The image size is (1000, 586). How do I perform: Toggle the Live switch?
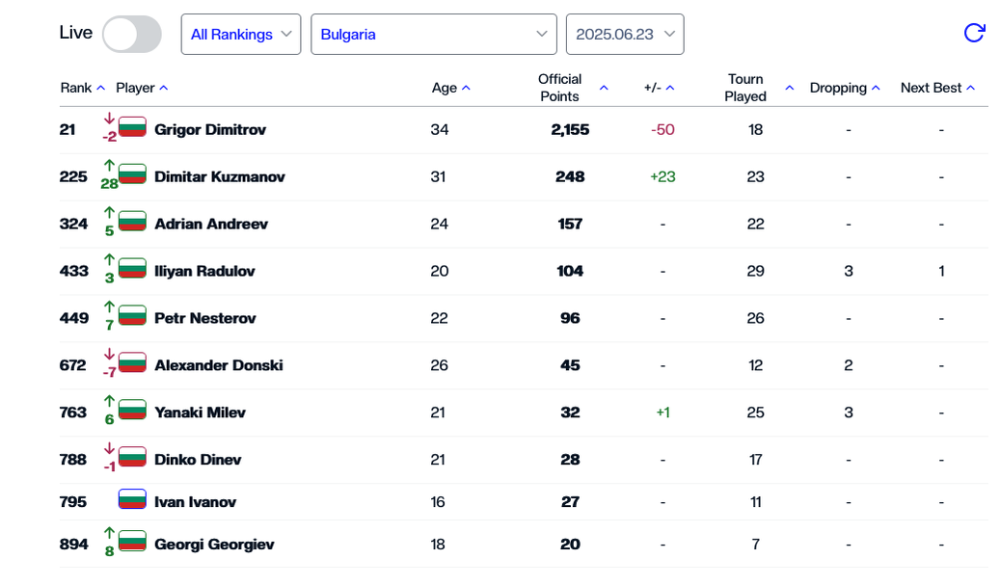pos(132,35)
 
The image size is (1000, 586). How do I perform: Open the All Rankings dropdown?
pos(240,35)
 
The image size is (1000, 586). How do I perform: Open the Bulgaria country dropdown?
pos(433,35)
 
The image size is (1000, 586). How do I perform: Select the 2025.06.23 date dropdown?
pos(625,35)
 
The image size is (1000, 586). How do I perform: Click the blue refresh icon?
pos(974,34)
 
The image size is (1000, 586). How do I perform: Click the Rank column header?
pos(76,88)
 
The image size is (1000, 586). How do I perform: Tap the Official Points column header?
pos(560,88)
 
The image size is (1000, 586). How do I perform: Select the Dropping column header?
pos(838,88)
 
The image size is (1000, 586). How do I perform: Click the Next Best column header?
pos(931,88)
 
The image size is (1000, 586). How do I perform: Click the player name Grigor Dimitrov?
pos(210,130)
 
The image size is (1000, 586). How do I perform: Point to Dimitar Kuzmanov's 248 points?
pos(570,177)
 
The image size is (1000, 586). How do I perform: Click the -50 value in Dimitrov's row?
pos(662,130)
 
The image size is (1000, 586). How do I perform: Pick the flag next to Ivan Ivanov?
pos(132,501)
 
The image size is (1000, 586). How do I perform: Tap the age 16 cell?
pos(438,502)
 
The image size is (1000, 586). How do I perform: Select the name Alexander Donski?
pos(218,365)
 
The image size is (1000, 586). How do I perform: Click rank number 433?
pos(74,272)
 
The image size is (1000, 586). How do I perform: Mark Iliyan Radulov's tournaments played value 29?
pos(755,272)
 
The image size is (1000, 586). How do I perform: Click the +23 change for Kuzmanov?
pos(662,177)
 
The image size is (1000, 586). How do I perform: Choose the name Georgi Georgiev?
pos(214,545)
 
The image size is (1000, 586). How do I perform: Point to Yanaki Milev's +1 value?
pos(662,413)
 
